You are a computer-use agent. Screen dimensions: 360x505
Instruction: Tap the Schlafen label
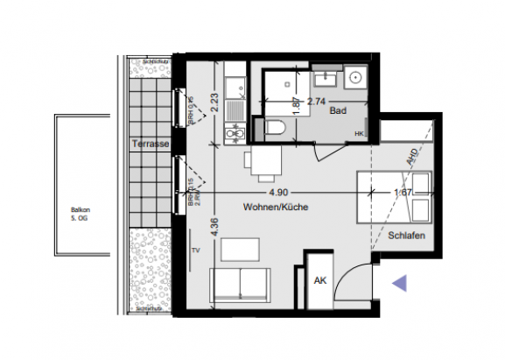tap(406, 236)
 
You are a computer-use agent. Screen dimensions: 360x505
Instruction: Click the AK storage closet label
tap(320, 280)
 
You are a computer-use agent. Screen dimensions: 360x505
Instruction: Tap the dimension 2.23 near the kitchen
tap(213, 106)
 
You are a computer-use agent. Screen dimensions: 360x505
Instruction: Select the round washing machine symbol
tap(356, 76)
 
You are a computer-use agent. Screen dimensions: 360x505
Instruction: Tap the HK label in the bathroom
tap(359, 133)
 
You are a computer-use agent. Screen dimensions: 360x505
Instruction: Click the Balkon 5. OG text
tap(82, 214)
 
